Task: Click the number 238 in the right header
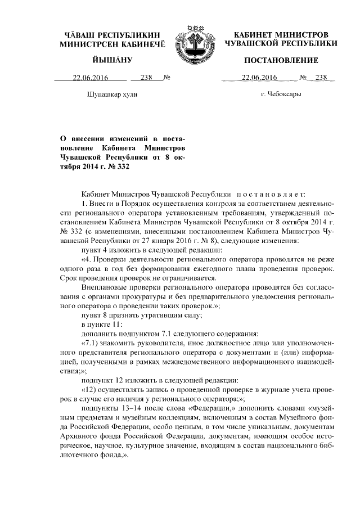321,78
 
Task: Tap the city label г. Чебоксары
281,94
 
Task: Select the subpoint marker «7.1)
91,344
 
